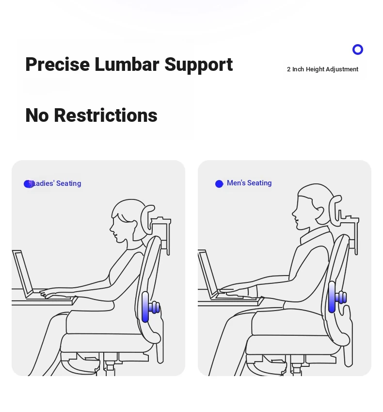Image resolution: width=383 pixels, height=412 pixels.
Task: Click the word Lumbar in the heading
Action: coord(127,65)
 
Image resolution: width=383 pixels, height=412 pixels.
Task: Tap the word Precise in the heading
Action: coord(58,65)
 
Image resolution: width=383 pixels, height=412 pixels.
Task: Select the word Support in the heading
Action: coord(198,65)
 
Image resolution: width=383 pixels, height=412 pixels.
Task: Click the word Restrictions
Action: coord(106,115)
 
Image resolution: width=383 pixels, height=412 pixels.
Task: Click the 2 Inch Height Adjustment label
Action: coord(322,69)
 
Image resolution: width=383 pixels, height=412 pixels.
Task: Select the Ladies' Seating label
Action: coord(56,183)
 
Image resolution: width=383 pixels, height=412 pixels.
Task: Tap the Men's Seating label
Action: coord(249,183)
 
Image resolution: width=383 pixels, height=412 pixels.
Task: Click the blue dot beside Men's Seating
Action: coord(219,184)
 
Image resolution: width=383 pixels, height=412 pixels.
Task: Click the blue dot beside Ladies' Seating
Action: coord(28,184)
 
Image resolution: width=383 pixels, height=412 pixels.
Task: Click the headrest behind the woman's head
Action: coord(147,219)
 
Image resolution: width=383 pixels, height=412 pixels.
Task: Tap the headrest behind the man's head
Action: coord(335,210)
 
